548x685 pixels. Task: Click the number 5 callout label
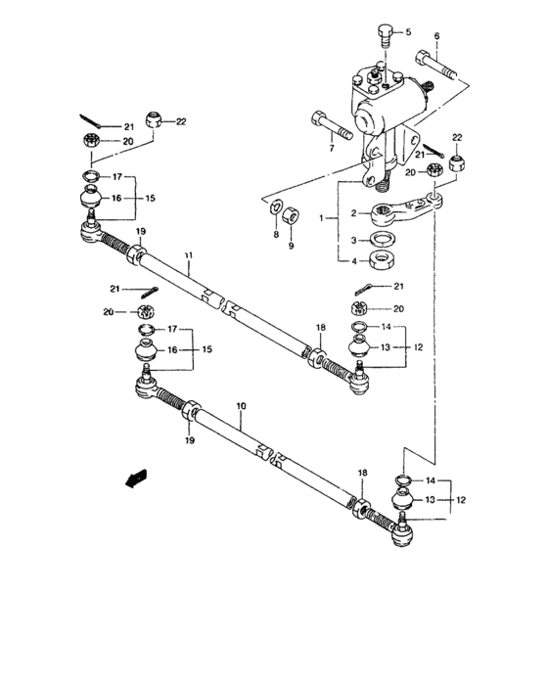pos(409,32)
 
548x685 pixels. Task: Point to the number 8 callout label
pos(275,235)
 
